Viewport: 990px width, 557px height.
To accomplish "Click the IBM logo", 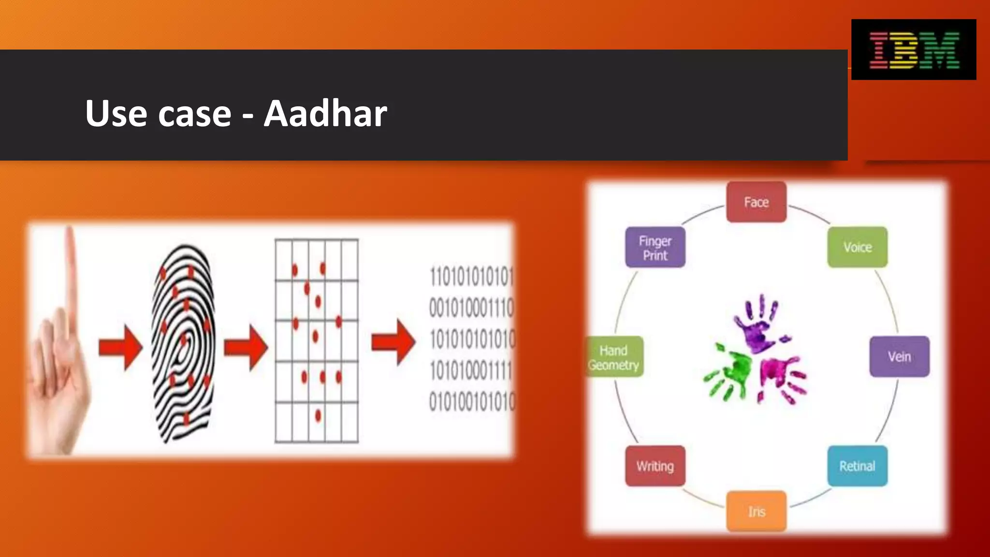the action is coord(914,50).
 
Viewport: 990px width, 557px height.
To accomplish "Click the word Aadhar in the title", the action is coord(325,114).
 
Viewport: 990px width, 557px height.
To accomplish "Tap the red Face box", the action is coord(756,202).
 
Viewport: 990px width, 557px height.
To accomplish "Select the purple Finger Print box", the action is coord(655,248).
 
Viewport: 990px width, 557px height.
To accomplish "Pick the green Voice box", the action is coord(857,248).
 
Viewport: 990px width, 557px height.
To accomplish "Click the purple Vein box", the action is coord(899,357).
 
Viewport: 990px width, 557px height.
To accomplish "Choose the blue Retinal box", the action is coord(857,466).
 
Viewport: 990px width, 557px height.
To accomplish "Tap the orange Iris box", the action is coord(757,512).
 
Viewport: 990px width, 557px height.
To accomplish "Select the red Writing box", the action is coord(655,466).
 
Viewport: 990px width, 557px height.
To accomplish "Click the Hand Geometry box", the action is coord(614,357).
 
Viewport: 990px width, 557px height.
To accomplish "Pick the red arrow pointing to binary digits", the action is coord(393,342).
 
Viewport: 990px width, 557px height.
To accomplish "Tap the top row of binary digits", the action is coord(471,277).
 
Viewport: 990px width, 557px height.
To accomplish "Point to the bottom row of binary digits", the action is coord(472,402).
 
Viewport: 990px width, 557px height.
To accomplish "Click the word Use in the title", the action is coord(116,114).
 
